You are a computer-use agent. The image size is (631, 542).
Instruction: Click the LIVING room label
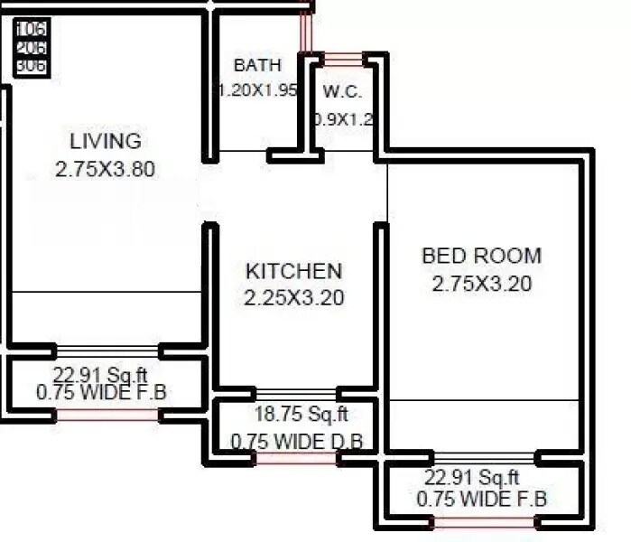pos(106,141)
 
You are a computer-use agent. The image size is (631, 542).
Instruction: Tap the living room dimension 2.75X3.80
pos(106,169)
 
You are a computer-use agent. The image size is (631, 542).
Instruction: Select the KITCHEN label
pos(294,271)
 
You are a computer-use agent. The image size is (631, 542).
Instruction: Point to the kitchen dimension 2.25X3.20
pos(294,297)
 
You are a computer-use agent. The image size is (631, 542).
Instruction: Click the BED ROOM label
pos(481,256)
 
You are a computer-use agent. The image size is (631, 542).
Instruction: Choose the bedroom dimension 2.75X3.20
pos(481,283)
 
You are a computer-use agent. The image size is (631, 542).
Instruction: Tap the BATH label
pos(257,65)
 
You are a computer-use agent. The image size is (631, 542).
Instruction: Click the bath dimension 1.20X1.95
pos(257,90)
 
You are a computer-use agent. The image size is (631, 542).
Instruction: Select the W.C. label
pos(342,91)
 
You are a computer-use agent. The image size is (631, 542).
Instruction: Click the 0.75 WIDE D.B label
pos(297,442)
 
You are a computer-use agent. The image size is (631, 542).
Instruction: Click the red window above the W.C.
pos(343,60)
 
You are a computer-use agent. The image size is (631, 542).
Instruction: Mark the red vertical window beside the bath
pos(306,33)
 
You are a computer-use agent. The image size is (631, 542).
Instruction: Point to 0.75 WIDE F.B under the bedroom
pos(481,499)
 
